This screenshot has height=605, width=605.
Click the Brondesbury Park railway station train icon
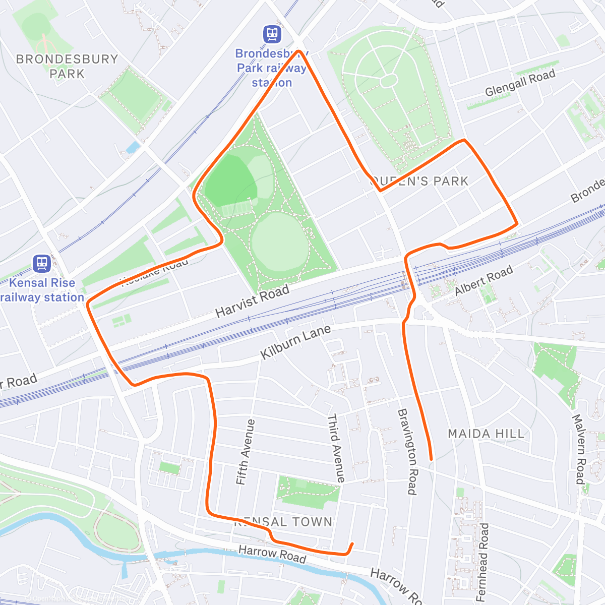272,34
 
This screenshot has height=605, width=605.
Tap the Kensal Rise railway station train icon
41,263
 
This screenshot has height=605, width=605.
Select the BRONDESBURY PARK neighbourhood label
67,66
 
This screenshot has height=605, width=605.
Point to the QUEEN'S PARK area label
419,181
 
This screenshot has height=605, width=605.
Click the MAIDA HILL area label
486,434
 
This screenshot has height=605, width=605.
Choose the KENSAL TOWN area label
283,522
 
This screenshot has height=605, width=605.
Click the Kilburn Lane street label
295,342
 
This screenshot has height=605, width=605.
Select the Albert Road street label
483,280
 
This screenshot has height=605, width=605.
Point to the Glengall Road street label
520,83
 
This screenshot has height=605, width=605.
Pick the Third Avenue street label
336,448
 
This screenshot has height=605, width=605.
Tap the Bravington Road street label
407,451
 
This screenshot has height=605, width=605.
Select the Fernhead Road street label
483,562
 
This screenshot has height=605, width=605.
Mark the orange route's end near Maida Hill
431,459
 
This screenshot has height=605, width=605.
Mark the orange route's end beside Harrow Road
352,543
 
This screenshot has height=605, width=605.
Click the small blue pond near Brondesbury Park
133,147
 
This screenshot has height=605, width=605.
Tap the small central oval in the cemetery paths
388,80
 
